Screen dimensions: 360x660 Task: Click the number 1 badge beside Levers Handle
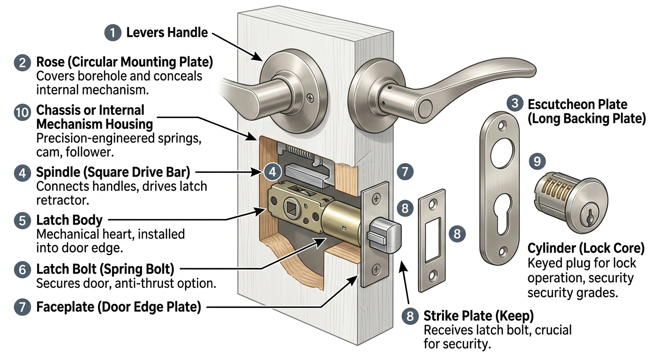coord(112,33)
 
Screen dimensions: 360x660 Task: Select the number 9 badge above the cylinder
coord(537,162)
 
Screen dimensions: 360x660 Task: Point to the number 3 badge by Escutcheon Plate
coord(515,104)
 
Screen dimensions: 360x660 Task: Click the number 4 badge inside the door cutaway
coord(272,172)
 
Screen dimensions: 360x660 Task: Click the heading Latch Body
coord(69,220)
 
